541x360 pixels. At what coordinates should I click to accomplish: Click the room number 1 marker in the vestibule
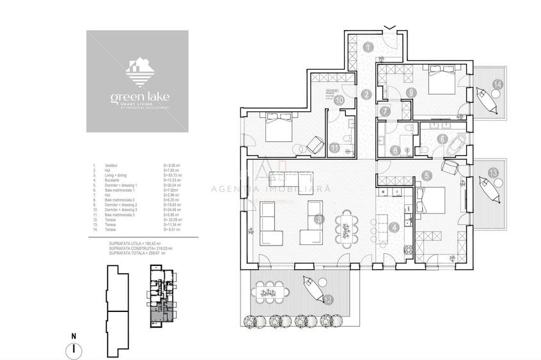(368, 46)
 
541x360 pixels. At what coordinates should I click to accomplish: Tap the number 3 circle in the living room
(319, 219)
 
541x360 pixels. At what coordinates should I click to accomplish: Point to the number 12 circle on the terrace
(327, 299)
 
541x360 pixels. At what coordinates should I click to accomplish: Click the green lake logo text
(137, 98)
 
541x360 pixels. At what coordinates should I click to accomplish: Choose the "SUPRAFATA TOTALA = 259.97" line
(137, 253)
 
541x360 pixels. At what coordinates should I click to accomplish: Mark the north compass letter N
(74, 336)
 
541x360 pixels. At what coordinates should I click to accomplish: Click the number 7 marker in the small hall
(384, 111)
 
